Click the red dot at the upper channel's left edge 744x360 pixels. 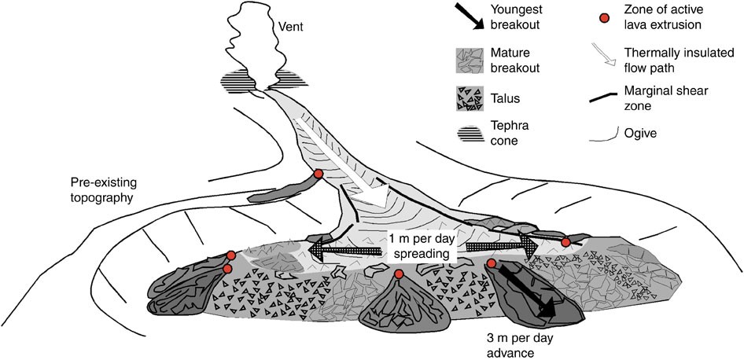[318, 174]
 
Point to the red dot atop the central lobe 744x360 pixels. [399, 274]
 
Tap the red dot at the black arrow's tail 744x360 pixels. [491, 264]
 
